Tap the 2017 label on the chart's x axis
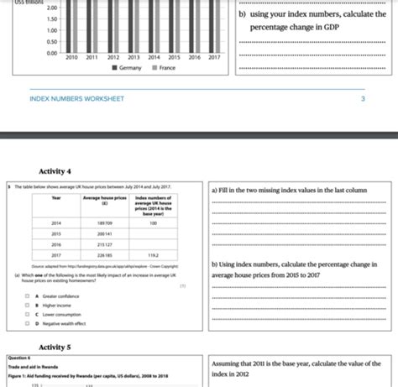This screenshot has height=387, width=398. coord(214,58)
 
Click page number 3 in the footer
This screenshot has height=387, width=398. coord(363,98)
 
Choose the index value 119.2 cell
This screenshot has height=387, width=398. coord(153,254)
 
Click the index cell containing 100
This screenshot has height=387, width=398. coord(153,222)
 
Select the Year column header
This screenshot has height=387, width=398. coord(56,198)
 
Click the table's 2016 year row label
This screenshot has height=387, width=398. coord(56,243)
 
